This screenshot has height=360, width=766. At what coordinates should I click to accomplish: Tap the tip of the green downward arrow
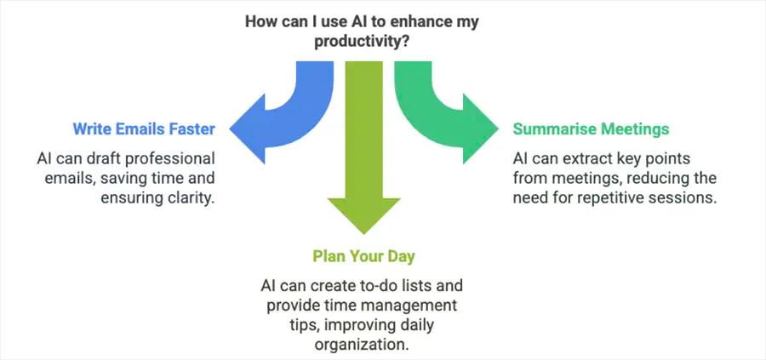tap(364, 234)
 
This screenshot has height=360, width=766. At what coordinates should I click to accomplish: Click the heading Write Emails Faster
tap(144, 129)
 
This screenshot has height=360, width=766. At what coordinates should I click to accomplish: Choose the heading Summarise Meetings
tap(591, 129)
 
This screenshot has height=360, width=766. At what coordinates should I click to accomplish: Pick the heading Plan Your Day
tap(363, 256)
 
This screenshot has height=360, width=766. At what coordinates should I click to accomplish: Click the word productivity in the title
tap(356, 42)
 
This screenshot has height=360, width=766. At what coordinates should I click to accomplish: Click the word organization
tap(361, 345)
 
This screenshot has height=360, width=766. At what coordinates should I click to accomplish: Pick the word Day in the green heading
tap(401, 256)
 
